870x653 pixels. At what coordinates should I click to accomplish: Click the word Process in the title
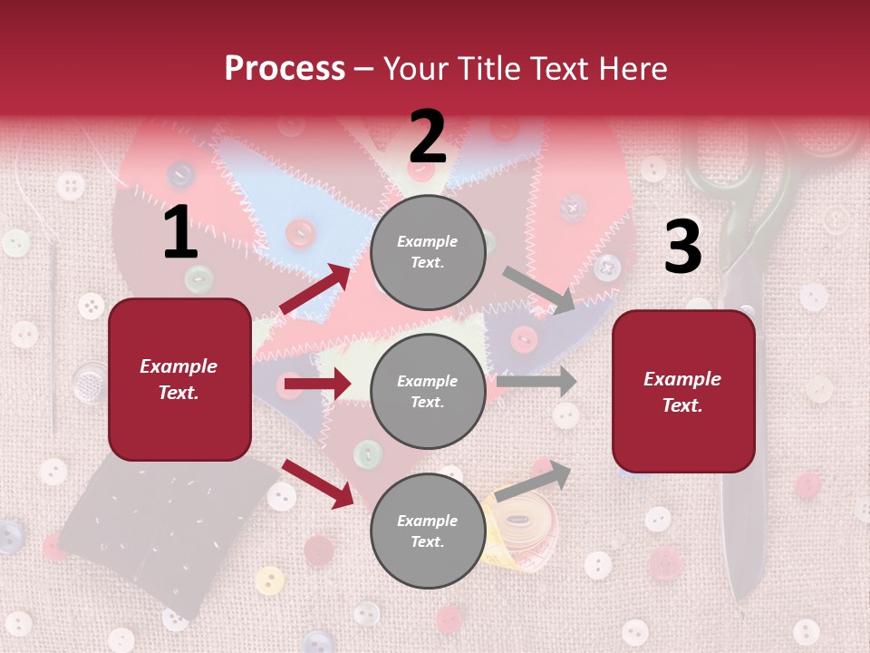click(285, 69)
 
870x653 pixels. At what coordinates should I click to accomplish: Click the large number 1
click(180, 233)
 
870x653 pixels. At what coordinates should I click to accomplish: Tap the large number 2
click(428, 137)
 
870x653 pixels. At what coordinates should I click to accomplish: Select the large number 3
click(682, 247)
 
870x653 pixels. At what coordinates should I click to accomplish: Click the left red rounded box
click(179, 379)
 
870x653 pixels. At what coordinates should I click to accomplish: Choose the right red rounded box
click(683, 391)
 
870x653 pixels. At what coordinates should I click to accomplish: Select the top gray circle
click(428, 251)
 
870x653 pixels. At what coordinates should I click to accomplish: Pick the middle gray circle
click(428, 391)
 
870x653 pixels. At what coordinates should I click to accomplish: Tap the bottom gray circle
click(428, 531)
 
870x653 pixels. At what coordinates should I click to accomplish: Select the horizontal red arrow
click(316, 385)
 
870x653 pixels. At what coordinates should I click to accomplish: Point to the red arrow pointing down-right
click(318, 483)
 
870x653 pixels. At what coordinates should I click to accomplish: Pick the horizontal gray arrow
click(536, 381)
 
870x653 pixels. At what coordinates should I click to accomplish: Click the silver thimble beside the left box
click(90, 383)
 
